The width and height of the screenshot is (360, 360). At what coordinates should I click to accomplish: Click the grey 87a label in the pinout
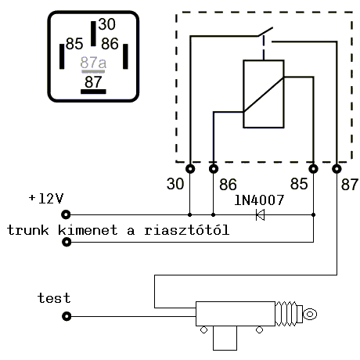click(93, 63)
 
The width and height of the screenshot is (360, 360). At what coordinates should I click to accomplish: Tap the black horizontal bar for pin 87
click(93, 92)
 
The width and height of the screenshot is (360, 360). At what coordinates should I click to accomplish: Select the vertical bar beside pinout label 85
click(62, 56)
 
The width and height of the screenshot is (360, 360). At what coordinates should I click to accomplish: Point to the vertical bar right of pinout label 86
click(125, 56)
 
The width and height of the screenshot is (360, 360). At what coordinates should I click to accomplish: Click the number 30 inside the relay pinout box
click(106, 24)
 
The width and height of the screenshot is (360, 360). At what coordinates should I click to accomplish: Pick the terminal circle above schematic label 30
click(190, 169)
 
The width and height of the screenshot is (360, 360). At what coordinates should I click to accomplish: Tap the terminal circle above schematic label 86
click(214, 169)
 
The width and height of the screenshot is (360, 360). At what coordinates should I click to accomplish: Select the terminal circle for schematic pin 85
click(313, 169)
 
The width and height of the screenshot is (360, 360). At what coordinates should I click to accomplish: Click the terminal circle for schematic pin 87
click(337, 169)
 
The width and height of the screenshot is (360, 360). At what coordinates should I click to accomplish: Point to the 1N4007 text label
click(259, 200)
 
